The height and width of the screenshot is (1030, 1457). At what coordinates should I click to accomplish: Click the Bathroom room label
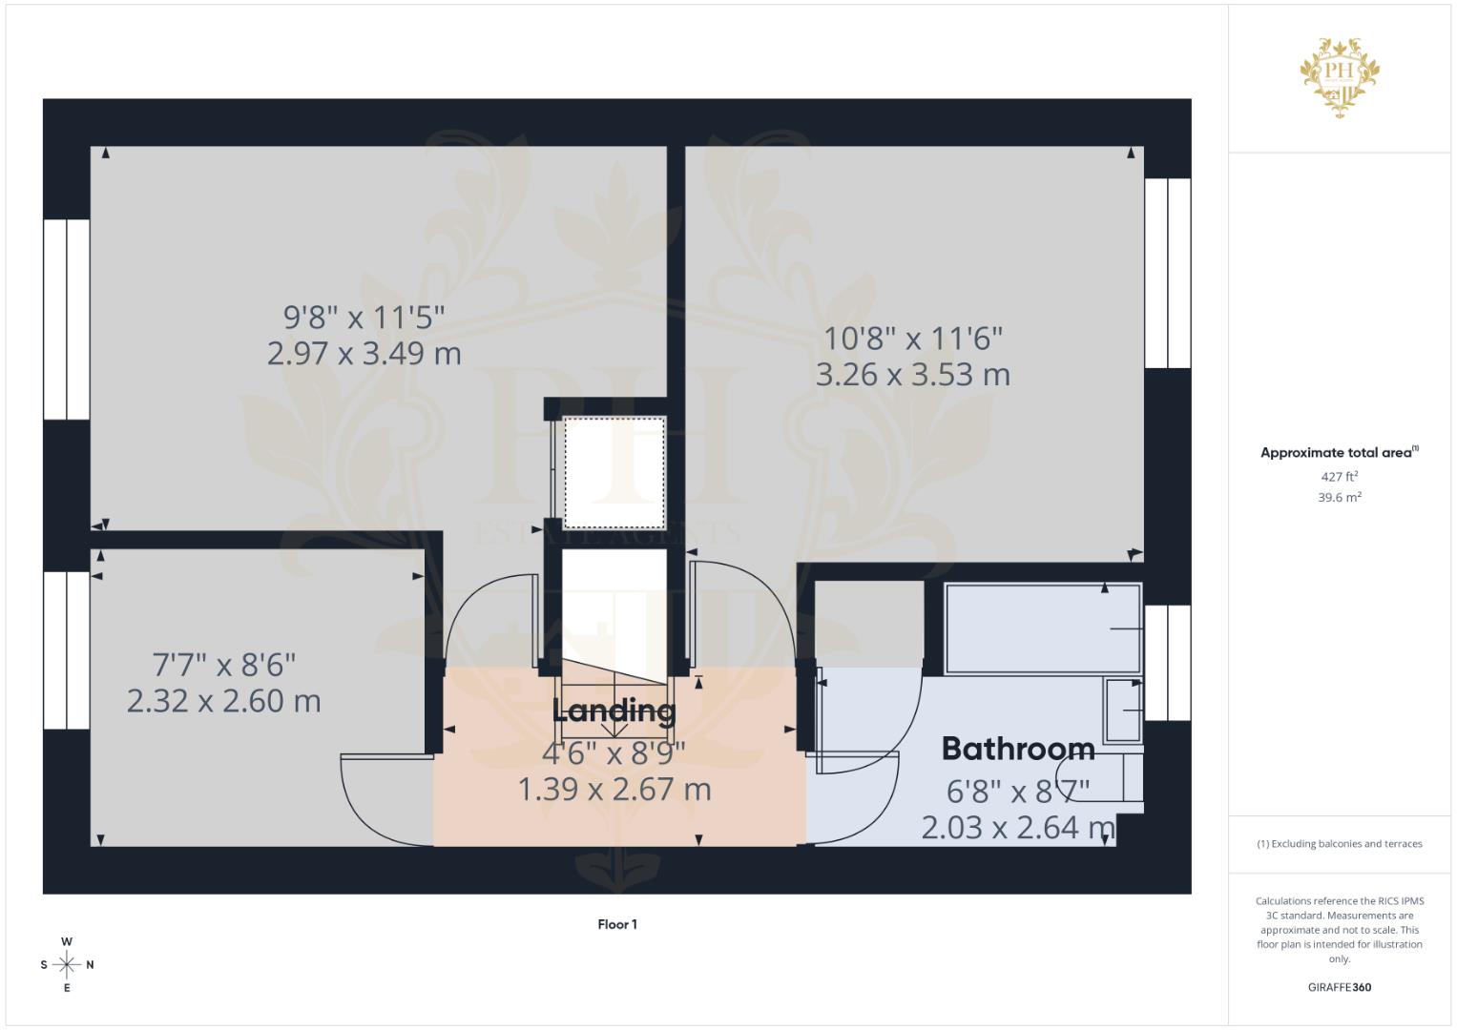tap(1018, 749)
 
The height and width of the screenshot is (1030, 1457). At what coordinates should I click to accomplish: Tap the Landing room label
tap(614, 711)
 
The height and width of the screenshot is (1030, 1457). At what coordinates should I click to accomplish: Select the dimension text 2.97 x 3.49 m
tap(364, 354)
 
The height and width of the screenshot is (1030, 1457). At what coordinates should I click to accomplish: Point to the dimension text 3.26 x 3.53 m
tap(912, 375)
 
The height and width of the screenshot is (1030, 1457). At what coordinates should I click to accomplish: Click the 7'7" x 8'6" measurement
tap(224, 664)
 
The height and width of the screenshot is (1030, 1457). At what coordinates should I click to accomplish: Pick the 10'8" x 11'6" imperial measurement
tap(913, 339)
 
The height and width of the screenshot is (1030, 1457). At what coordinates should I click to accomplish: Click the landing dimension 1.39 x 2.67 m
tap(614, 790)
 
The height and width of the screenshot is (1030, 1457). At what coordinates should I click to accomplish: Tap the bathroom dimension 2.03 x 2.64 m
tap(1018, 827)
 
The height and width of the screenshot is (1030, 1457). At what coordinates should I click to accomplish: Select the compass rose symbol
tap(67, 965)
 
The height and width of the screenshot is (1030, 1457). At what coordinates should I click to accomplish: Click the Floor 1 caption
tap(617, 924)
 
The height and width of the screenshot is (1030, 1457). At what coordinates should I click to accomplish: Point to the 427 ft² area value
tap(1339, 477)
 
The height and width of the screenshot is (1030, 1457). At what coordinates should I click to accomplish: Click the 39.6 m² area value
tap(1339, 498)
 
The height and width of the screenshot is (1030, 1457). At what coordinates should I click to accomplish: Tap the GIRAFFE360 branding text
tap(1339, 987)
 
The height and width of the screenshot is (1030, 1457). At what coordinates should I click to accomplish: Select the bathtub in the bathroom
tap(1042, 628)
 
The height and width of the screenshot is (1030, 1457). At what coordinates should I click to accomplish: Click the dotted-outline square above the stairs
tap(614, 472)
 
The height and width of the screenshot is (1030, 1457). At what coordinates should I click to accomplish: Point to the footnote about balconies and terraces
tap(1339, 844)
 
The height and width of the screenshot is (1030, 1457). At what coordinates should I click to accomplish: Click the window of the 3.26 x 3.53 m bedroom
tap(1167, 273)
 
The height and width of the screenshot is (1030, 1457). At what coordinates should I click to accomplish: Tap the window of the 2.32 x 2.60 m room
tap(67, 649)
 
